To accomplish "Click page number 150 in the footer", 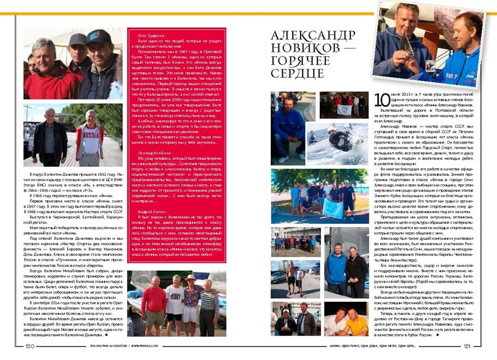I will point(29,346).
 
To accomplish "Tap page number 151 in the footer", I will point(467,346).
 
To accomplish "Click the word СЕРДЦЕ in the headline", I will point(297,73).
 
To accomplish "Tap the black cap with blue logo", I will point(99,37).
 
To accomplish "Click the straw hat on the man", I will point(191,278).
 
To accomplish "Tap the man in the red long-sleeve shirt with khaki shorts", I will point(154,303).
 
